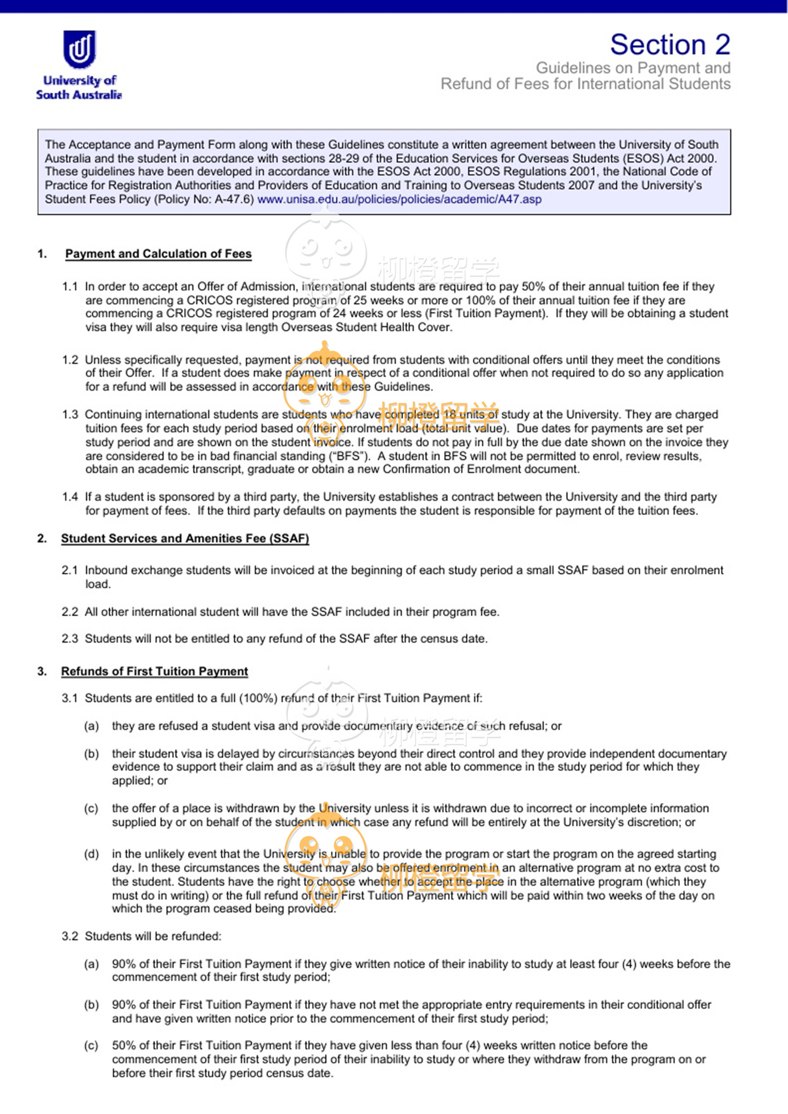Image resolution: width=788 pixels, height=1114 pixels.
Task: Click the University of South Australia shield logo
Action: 79,49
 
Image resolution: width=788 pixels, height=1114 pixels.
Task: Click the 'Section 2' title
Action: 670,44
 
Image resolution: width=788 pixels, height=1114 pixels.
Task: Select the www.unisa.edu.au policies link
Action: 399,199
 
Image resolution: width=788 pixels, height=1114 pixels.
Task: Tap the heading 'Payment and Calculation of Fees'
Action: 158,254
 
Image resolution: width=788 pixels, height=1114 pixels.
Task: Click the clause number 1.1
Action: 70,286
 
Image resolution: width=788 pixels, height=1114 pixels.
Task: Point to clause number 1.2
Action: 70,360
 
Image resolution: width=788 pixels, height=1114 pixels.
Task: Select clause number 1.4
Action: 70,497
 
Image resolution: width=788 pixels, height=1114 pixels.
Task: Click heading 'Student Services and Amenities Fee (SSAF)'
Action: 185,538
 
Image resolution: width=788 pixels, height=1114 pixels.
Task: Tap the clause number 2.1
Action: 70,570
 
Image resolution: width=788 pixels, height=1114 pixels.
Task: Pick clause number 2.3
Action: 70,639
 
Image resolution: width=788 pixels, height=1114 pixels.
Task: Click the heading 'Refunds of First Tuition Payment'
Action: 154,671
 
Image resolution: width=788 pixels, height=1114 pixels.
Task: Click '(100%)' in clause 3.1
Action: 258,698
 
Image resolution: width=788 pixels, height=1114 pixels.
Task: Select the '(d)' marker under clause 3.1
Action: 91,854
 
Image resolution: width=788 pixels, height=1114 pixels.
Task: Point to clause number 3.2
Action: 70,936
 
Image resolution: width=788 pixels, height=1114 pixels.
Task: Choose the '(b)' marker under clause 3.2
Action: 91,1005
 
